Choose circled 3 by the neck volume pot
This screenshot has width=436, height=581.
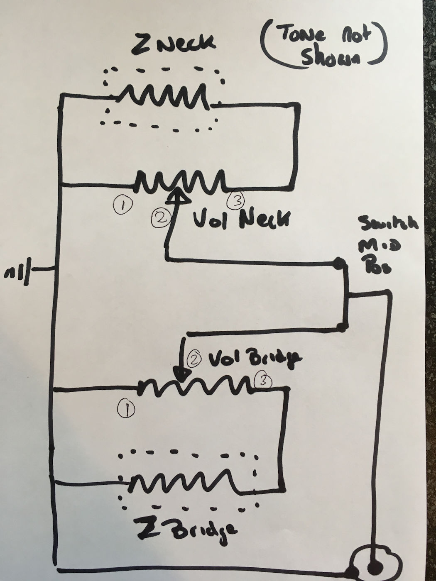point(236,200)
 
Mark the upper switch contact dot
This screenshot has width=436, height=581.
point(340,263)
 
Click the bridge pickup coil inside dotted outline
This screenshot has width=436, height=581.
point(185,482)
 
